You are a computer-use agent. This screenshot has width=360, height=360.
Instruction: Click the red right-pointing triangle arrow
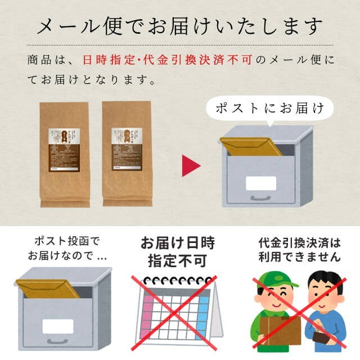click(x=190, y=166)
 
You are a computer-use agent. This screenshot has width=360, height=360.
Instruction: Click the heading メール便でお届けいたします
click(x=180, y=25)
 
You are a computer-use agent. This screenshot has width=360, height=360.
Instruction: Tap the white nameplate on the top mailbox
click(x=261, y=183)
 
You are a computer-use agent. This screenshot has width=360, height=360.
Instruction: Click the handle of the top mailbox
click(x=260, y=198)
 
